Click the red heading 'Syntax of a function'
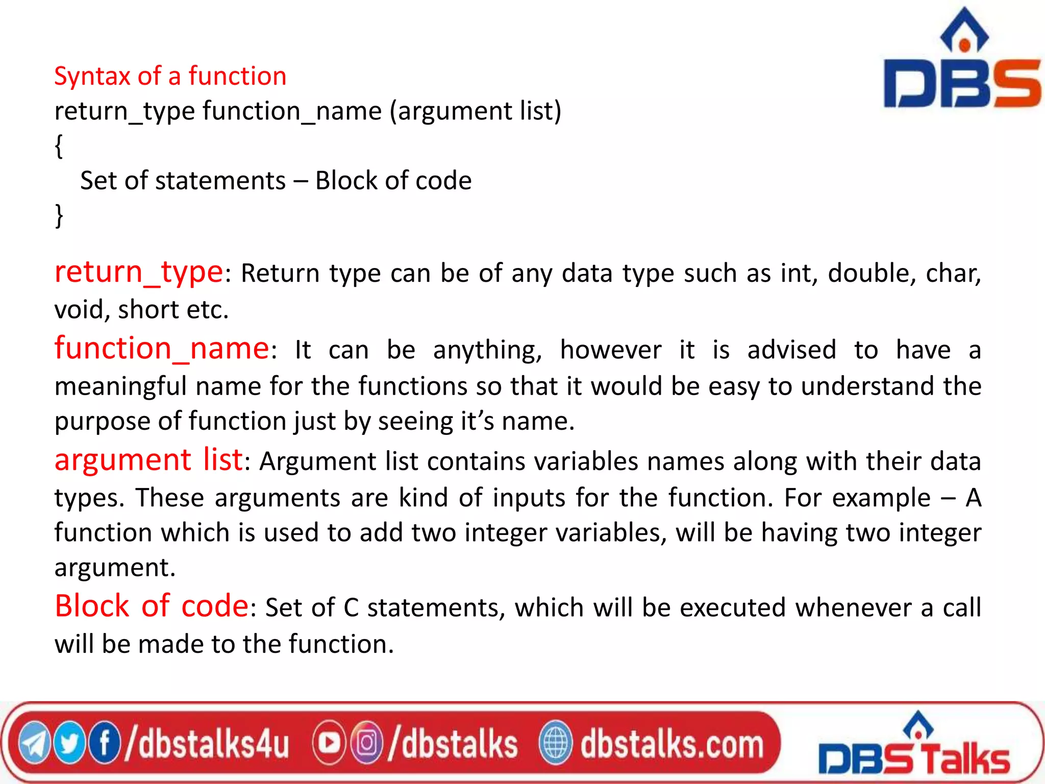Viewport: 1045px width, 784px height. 170,77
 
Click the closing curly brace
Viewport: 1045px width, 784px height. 59,215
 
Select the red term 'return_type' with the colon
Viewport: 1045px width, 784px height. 142,272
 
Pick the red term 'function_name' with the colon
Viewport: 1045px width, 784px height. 165,349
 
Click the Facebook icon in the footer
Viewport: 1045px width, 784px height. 105,744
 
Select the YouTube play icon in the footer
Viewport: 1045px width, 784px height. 329,744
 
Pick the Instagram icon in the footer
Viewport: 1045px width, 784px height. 366,744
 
